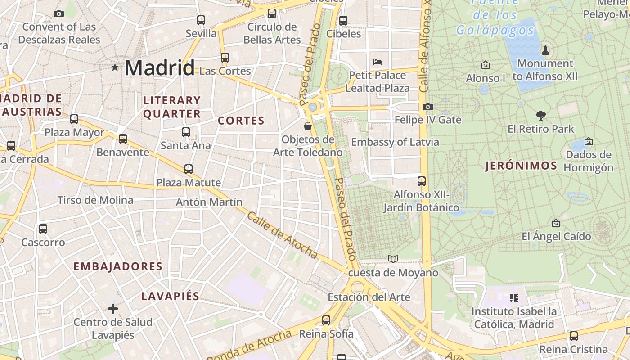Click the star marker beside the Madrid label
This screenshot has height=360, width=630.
pos(115,67)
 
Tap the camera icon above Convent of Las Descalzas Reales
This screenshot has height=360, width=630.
pos(58,14)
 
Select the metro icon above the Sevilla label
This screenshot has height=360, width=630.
pos(201,20)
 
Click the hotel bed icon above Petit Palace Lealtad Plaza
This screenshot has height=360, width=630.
pos(378,62)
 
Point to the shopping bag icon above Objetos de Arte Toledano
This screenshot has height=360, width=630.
pos(308,126)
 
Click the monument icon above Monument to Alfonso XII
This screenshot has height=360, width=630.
pos(545,50)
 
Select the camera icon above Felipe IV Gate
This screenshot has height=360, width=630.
pos(428,107)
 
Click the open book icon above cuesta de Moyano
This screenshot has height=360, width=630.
pos(393,259)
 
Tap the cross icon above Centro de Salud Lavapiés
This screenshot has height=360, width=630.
pos(113,309)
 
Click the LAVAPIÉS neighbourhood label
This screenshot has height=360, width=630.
pos(170,296)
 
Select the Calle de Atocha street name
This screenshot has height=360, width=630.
pos(282,235)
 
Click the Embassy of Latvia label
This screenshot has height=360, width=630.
pos(395,142)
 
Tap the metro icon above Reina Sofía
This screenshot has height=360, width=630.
pos(326,320)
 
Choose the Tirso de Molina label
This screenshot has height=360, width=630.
pos(95,200)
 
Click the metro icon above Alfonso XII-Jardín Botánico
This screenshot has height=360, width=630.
pos(422,181)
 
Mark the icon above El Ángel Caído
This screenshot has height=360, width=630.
pos(556,223)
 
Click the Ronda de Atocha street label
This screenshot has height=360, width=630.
pos(250,346)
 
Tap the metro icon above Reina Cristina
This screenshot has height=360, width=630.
pos(573,336)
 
